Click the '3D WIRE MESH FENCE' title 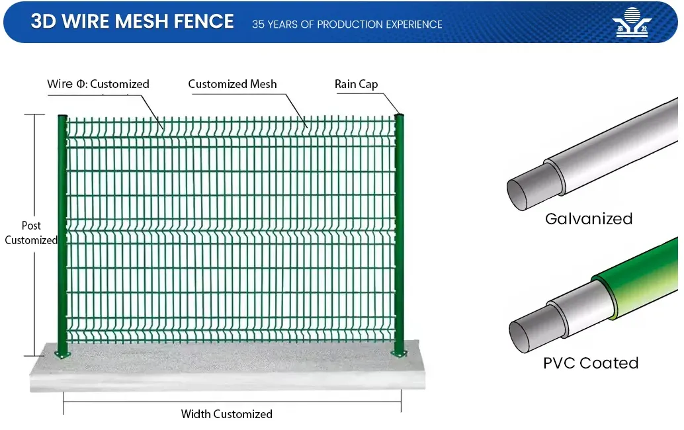[132, 22]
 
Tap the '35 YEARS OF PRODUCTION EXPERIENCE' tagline [347, 24]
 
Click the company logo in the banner [633, 22]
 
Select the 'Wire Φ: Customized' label [98, 84]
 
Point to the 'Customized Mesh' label [232, 84]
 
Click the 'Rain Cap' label [356, 84]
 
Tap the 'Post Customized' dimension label [31, 233]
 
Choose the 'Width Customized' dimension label [226, 414]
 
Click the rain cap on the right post [399, 116]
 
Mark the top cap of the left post [62, 116]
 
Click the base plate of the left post [63, 356]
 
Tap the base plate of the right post [400, 353]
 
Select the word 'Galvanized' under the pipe [589, 218]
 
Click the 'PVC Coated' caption [590, 363]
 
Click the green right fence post [400, 232]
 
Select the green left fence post [62, 232]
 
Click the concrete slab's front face [225, 380]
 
